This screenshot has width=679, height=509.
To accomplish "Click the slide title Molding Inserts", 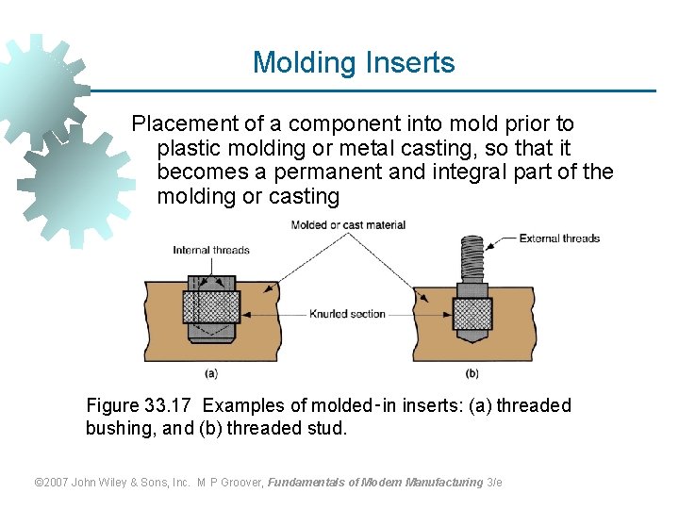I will tap(354, 63).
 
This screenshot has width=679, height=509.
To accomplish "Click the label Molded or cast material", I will tap(348, 224).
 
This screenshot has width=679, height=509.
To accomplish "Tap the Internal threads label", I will tap(211, 250).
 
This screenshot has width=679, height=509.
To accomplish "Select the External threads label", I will tap(559, 238).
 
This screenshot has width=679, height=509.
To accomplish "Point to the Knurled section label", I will tap(347, 314).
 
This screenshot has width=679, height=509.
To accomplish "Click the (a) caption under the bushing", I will tap(211, 372).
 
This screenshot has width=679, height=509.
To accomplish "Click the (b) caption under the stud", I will tap(472, 372).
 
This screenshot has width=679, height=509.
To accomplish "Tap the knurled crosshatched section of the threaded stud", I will tap(472, 312).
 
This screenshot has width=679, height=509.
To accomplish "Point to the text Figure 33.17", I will tap(140, 406).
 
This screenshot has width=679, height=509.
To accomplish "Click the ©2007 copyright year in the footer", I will tap(53, 483).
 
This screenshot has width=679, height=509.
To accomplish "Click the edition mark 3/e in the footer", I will tap(495, 483).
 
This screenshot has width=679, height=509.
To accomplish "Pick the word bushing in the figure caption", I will tap(118, 429).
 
